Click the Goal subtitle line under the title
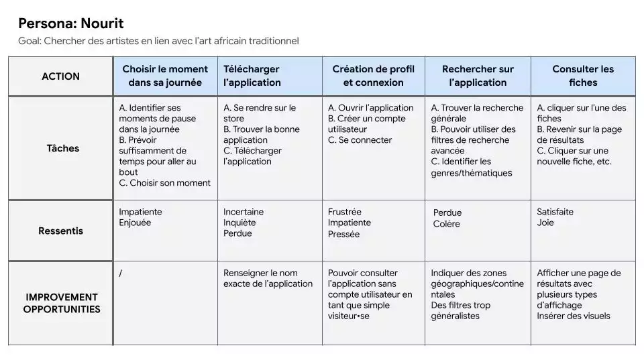tap(158, 42)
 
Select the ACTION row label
tap(60, 76)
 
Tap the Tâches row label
tap(63, 148)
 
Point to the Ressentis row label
tap(61, 231)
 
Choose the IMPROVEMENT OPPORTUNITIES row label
tap(62, 303)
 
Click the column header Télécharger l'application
tap(252, 76)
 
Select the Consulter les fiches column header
tap(583, 76)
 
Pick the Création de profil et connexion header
tap(373, 76)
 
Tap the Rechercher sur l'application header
tap(478, 76)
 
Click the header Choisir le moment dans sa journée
tap(165, 76)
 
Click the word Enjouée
tap(135, 223)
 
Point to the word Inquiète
tap(239, 223)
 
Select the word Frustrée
tap(345, 212)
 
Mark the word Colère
tap(447, 224)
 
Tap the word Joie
tap(545, 223)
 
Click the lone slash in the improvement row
tap(121, 273)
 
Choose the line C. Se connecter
tap(360, 140)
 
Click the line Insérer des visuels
tap(574, 316)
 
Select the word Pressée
tap(343, 234)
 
